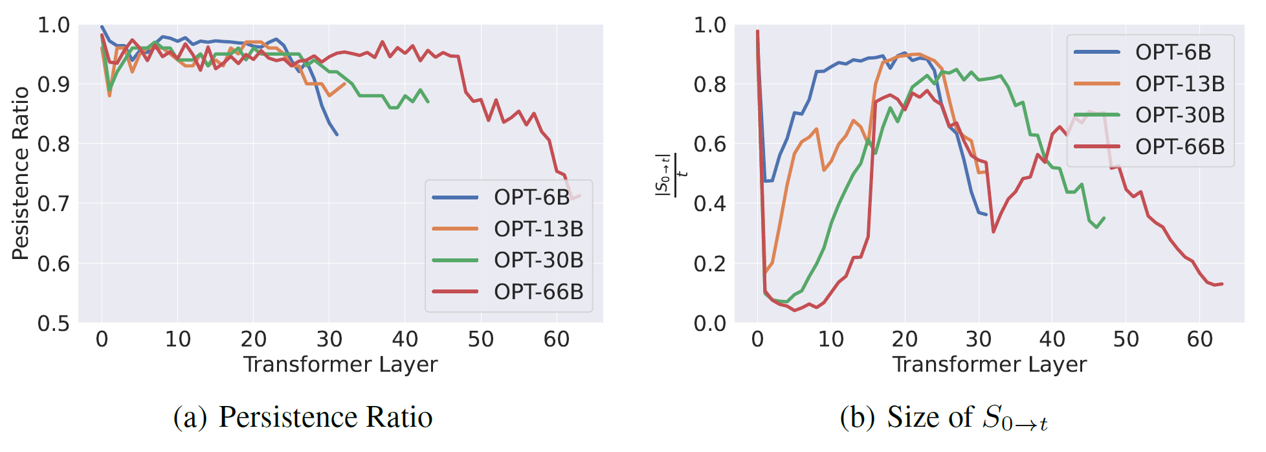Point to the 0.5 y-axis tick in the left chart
tap(54, 322)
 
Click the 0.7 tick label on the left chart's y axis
tap(54, 203)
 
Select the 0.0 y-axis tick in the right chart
tap(709, 322)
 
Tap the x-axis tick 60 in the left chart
tap(557, 339)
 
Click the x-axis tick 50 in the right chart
tap(1126, 339)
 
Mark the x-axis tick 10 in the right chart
tap(831, 339)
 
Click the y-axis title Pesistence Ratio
tap(21, 174)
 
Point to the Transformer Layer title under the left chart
tap(340, 364)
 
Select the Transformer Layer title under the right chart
tap(989, 364)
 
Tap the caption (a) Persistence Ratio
tap(303, 416)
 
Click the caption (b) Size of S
tap(944, 418)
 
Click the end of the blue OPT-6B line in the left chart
tap(337, 135)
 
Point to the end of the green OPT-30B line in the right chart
tap(1104, 218)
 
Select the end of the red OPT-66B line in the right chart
tap(1222, 284)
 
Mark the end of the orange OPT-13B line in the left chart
tap(344, 84)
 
